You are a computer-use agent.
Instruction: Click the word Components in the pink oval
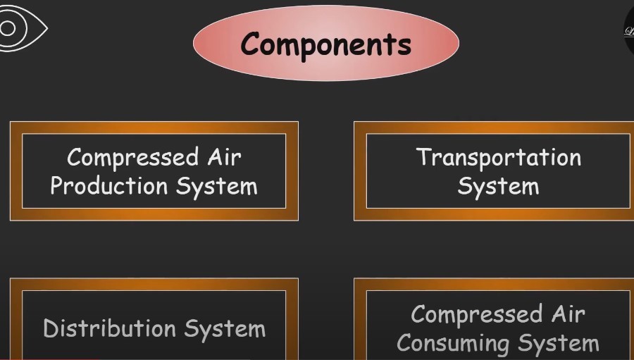tap(325, 44)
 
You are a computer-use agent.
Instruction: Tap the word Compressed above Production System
tap(132, 157)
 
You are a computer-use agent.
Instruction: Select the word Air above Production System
tap(224, 156)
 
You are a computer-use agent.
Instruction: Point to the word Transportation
tap(498, 157)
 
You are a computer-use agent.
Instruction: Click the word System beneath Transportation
tap(498, 187)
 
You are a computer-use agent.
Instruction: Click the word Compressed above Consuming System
tap(477, 314)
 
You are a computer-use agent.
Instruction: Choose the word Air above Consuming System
tap(568, 314)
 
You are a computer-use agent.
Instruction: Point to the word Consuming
tap(453, 344)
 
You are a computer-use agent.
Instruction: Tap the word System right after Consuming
tap(559, 344)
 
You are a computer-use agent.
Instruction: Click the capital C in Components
tap(249, 44)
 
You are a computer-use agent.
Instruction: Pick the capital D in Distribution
tap(49, 328)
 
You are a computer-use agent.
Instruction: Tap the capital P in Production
tap(57, 187)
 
